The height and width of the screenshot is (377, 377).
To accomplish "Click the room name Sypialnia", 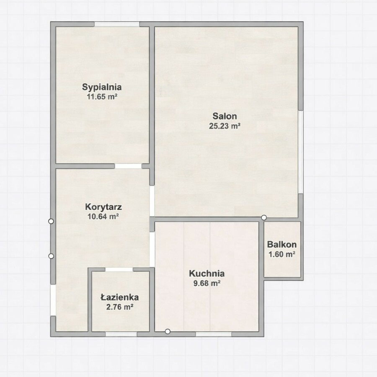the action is tap(102, 87).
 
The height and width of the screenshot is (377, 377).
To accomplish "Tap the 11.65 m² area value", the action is tap(102, 97).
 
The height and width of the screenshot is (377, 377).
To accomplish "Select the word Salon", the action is tap(225, 116).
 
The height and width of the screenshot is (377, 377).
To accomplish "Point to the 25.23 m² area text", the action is tap(225, 126).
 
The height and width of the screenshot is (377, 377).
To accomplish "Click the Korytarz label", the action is tap(103, 207).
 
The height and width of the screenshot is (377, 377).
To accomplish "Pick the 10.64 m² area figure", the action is tap(103, 217).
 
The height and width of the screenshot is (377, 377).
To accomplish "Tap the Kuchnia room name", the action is tap(207, 274).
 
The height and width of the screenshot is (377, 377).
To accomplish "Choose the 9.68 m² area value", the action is tap(207, 283).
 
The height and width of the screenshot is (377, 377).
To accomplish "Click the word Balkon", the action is tap(282, 245).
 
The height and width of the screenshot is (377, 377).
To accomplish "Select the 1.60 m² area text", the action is tap(282, 254).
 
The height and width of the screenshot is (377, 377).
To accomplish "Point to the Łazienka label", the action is tap(119, 297).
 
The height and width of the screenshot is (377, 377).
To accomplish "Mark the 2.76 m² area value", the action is tap(120, 307).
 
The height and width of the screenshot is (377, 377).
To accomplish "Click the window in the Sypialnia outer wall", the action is tap(116, 24).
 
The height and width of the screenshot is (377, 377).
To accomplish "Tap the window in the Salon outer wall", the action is tap(300, 152).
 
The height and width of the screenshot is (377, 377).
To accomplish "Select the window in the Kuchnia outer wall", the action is tap(214, 334).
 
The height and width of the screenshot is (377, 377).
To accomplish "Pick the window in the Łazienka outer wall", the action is tap(121, 334).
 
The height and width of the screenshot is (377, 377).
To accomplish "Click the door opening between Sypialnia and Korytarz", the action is tap(128, 166).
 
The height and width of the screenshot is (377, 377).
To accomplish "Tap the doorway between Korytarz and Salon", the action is tap(152, 201).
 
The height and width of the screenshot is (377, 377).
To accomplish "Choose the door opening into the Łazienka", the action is tap(119, 270).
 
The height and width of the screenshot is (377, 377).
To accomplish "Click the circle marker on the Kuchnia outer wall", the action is tap(168, 332).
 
